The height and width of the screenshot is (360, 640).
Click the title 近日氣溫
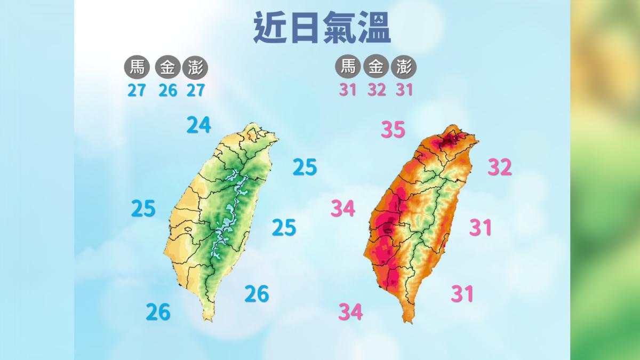tap(322, 28)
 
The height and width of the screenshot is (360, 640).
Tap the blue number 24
tap(198, 125)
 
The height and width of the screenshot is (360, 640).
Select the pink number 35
tap(393, 130)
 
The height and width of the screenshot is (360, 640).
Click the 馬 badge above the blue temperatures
tap(137, 68)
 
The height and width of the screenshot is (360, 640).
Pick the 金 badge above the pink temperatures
tap(376, 67)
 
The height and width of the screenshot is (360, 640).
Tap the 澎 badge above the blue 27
tap(195, 68)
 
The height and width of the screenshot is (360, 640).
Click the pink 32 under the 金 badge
tap(376, 90)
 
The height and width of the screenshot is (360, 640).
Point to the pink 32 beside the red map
tap(500, 167)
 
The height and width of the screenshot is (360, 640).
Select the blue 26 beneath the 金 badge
tap(167, 90)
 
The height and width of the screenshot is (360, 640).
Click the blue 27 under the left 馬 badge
tap(137, 90)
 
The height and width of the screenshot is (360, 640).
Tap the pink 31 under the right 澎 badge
tap(404, 90)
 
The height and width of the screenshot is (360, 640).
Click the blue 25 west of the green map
tap(143, 209)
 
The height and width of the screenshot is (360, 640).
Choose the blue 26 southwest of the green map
tap(158, 311)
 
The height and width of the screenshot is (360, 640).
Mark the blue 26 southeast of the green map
tap(257, 293)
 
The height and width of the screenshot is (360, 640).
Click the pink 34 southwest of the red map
tap(350, 311)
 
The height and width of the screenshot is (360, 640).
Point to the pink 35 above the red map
tap(393, 130)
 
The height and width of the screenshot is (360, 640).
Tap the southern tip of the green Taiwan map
tap(207, 319)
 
